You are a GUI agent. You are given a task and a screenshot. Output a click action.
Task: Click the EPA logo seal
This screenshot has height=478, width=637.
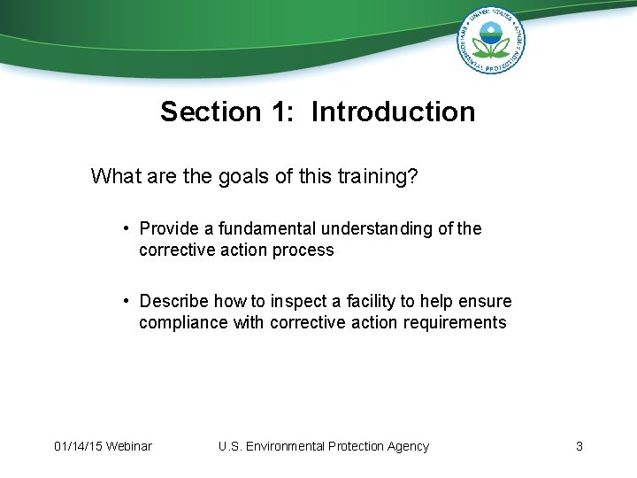(x=492, y=40)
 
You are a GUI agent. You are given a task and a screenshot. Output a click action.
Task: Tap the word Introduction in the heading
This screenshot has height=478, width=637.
(x=393, y=112)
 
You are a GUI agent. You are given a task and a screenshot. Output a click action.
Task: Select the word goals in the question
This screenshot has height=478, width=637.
(x=236, y=177)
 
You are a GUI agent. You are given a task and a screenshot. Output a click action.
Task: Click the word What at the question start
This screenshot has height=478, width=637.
(x=114, y=177)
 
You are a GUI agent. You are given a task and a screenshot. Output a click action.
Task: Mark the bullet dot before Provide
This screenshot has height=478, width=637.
(x=128, y=228)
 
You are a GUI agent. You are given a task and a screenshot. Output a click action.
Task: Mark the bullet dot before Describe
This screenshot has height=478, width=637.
(x=128, y=301)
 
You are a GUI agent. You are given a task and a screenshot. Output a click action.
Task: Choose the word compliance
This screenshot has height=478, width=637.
(x=183, y=323)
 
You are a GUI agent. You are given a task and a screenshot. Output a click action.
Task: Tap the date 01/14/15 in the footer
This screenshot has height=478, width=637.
(x=77, y=446)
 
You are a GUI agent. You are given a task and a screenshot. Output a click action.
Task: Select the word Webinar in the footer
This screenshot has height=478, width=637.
(x=128, y=446)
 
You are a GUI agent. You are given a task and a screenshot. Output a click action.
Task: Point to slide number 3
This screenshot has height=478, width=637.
(x=579, y=446)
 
